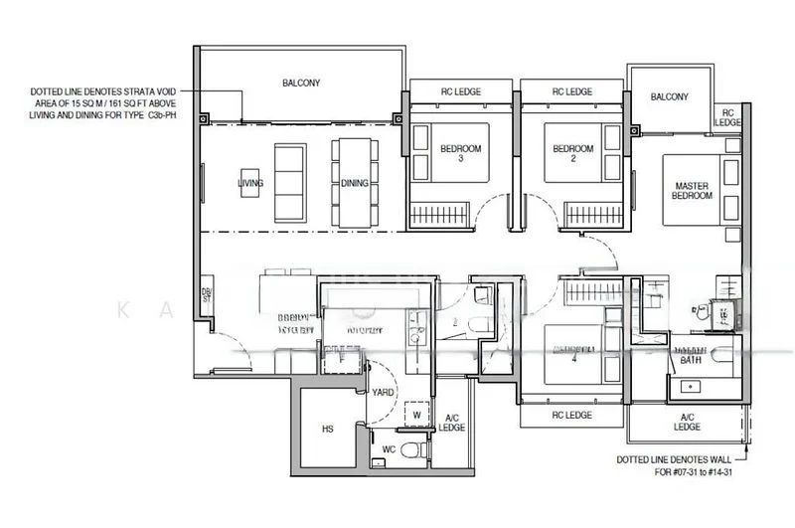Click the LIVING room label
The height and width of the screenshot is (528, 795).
tap(248, 184)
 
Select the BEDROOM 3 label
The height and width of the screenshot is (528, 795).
tap(460, 153)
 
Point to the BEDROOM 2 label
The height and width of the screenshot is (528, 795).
tap(572, 153)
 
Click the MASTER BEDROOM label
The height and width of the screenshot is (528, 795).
tap(693, 191)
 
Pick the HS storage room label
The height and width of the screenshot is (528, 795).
tap(327, 430)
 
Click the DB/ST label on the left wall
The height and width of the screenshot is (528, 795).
tap(207, 298)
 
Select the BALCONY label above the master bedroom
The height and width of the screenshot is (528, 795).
tap(670, 96)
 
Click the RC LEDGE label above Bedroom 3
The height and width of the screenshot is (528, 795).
tap(460, 91)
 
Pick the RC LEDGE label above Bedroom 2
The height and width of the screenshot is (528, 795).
tap(571, 91)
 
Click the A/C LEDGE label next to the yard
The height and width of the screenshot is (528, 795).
tap(452, 422)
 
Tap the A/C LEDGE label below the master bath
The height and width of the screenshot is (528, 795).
tap(687, 422)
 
